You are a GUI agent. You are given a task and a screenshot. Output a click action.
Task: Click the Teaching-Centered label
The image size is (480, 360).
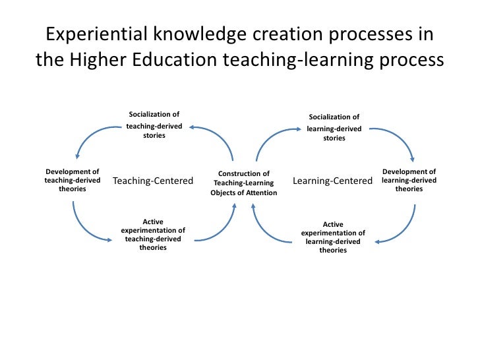click(153, 181)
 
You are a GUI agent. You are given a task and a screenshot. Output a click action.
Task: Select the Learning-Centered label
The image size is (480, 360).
click(332, 181)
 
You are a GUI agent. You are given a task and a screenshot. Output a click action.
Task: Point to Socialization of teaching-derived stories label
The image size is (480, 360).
click(154, 125)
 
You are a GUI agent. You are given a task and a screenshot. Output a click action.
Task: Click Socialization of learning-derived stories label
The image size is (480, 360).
click(334, 128)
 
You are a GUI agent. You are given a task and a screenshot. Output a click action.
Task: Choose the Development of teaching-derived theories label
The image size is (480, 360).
click(72, 180)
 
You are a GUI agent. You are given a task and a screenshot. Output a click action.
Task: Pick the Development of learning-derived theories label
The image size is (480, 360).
click(409, 180)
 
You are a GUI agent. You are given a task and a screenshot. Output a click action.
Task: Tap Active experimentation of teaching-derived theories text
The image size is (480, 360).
click(153, 235)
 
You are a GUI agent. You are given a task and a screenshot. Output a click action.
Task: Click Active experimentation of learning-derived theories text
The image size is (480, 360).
click(333, 237)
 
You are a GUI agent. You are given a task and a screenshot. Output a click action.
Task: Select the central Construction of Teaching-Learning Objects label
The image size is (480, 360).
click(243, 183)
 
